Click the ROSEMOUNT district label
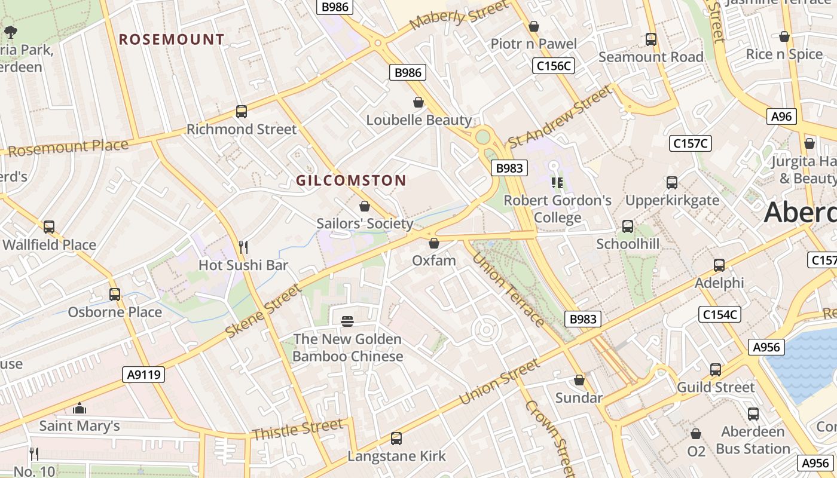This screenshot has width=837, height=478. coord(172,40)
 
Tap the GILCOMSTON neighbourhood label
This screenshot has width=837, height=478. coord(351,180)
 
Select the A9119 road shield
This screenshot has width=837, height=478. coord(144,375)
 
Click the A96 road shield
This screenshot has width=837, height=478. coord(781,117)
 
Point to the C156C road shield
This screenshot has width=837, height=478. coord(554,66)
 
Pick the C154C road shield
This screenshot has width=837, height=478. coord(720,314)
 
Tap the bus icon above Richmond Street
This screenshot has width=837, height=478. coord(242,112)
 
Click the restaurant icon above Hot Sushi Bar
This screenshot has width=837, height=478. coord(243,247)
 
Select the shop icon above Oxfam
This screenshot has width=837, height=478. coord(434,243)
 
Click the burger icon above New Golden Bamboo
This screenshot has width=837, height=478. coord(347,321)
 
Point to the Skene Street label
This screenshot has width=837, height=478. coord(264,312)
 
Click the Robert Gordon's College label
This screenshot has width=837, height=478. coord(557,209)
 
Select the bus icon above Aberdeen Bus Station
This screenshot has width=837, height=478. coord(753,413)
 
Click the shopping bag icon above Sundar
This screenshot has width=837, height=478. coord(579,380)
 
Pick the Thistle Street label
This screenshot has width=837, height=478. coord(297,430)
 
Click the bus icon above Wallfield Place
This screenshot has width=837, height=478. coord(49,227)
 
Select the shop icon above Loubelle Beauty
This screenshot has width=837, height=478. coord(418,103)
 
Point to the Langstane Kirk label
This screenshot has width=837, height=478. coord(396,456)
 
